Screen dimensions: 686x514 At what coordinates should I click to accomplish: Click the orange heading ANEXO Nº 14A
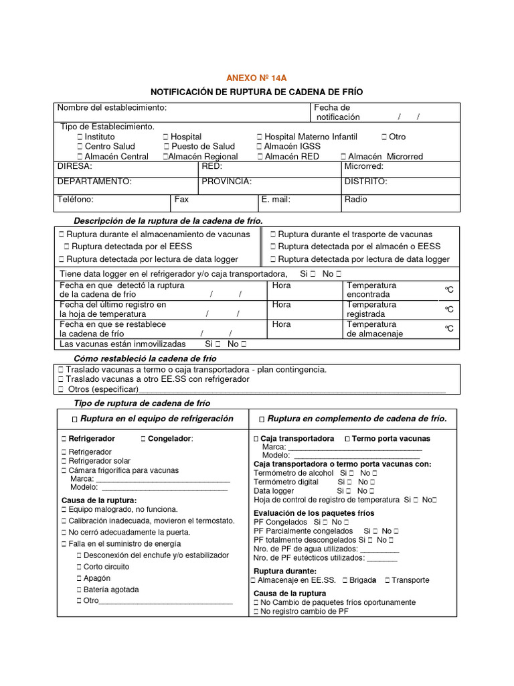point(257,78)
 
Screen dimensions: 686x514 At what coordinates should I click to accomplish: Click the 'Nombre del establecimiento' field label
point(112,108)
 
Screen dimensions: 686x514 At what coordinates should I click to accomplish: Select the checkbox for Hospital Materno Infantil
point(260,137)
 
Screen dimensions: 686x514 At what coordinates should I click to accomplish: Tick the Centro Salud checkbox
point(80,146)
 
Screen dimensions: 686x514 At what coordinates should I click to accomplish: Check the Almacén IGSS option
point(259,146)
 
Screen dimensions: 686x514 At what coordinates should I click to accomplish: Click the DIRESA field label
point(74,166)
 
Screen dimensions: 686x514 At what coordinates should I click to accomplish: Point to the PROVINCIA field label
point(226,182)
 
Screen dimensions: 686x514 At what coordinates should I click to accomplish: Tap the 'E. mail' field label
point(276,200)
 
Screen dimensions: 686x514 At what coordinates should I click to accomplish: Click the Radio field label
point(355,200)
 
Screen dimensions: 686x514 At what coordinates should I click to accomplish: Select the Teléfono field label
point(75,200)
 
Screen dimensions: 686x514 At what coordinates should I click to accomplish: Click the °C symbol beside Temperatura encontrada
point(449,289)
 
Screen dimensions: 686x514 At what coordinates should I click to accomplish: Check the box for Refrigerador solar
point(64,461)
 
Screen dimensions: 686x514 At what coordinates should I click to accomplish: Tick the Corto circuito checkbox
point(79,567)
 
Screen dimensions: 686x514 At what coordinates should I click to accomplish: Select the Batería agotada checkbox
point(79,590)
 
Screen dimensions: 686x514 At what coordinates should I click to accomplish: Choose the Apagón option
point(79,578)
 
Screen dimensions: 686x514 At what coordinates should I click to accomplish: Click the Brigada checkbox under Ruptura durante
point(345,580)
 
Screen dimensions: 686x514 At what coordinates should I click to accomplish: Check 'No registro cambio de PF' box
point(256,612)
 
